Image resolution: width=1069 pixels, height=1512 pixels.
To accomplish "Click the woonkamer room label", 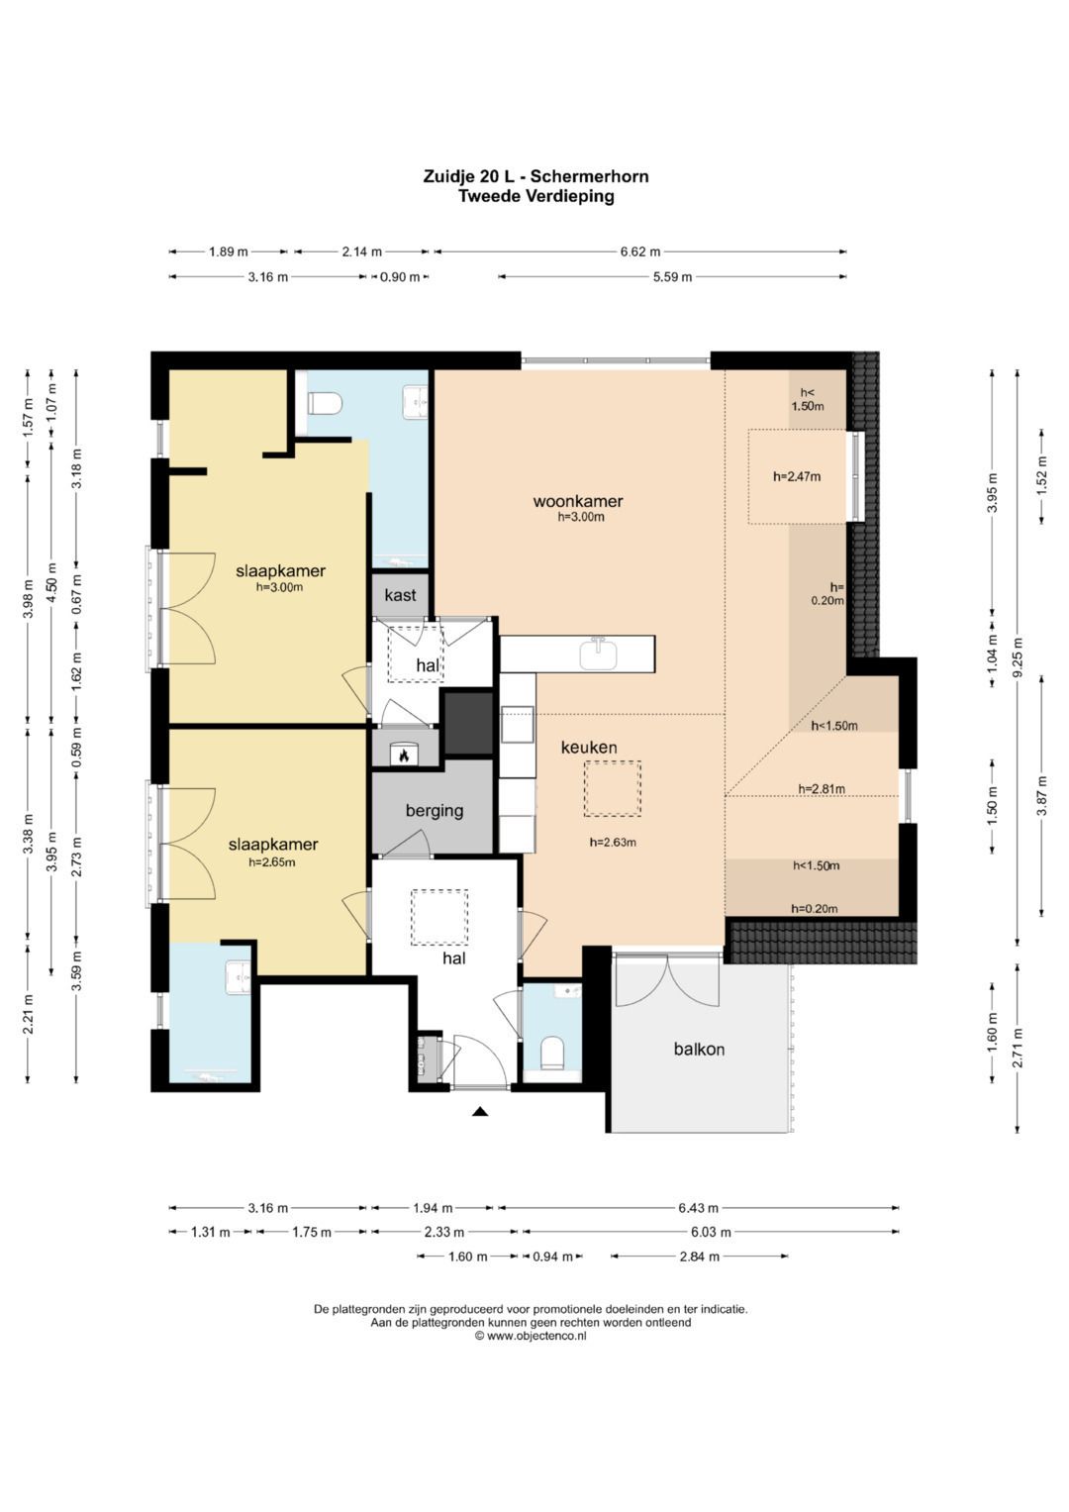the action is (578, 502).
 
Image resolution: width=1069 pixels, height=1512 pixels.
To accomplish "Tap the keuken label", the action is (589, 748).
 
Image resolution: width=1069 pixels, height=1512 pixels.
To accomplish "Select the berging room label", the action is (434, 810).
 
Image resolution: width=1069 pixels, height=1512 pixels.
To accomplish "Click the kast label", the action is (400, 595).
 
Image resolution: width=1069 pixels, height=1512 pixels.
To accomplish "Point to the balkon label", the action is (699, 1049).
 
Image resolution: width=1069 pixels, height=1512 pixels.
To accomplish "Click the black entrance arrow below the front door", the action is (480, 1111).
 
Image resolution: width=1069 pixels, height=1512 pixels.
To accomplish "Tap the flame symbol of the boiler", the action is (404, 756).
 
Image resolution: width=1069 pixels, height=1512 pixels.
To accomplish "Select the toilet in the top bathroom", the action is (325, 404).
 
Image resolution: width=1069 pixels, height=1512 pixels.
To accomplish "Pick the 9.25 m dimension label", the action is (1018, 656).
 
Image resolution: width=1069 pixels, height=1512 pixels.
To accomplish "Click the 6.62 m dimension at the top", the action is (639, 252).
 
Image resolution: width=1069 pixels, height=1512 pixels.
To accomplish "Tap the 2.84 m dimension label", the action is (699, 1257).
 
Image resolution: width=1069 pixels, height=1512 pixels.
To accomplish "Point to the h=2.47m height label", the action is (797, 476).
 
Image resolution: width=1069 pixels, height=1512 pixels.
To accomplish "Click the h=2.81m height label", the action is (822, 788).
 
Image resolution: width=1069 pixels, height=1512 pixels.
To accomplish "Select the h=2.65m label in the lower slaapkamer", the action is (272, 862).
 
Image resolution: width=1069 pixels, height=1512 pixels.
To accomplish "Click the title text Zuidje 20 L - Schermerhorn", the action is (535, 176).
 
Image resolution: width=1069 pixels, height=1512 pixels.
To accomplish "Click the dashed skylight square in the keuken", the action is (612, 788).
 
